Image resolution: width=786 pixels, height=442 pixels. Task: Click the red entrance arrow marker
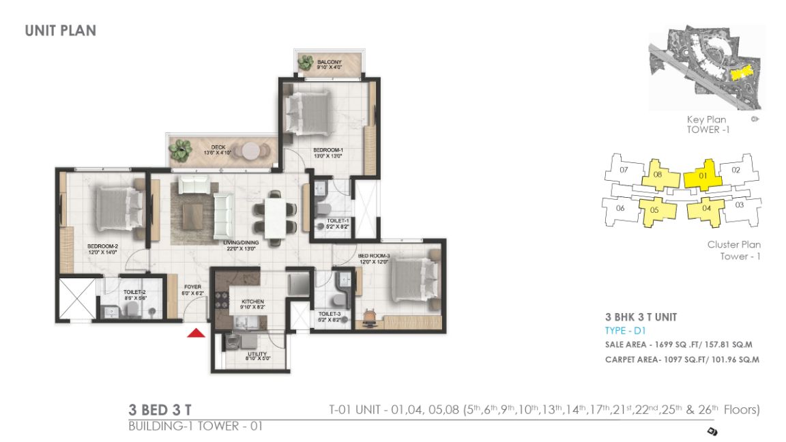pos(196,333)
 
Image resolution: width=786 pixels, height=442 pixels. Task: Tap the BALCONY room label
pos(329,61)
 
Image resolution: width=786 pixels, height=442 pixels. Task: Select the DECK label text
pos(218,146)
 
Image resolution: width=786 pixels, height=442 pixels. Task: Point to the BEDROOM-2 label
pos(102,246)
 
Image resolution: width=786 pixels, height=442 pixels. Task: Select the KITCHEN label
pos(252,301)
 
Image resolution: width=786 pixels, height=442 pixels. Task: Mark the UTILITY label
pos(257,354)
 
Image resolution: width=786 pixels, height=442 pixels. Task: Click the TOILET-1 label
pos(337,221)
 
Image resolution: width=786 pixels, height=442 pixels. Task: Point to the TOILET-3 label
pos(329,314)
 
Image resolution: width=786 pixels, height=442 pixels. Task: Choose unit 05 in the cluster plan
pos(654,210)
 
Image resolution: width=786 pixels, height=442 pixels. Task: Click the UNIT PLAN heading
pos(60,31)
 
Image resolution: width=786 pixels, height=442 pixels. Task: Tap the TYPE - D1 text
pos(625,331)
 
